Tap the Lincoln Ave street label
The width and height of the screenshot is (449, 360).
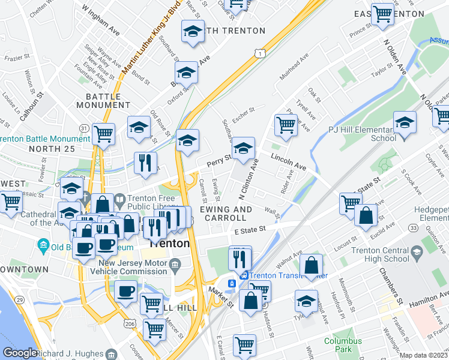coord(289,160)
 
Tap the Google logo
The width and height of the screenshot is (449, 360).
coord(20,353)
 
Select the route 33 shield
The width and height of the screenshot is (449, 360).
coord(414,228)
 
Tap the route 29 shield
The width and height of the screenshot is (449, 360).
coord(20,300)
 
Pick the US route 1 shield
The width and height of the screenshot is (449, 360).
coord(259,54)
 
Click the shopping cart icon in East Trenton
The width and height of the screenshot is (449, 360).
coord(382,14)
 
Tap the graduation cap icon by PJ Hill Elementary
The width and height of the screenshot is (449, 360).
coord(405,122)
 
